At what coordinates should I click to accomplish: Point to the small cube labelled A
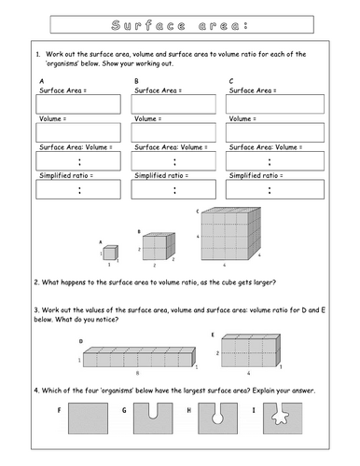click(x=109, y=253)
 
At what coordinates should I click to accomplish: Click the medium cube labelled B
click(x=153, y=246)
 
